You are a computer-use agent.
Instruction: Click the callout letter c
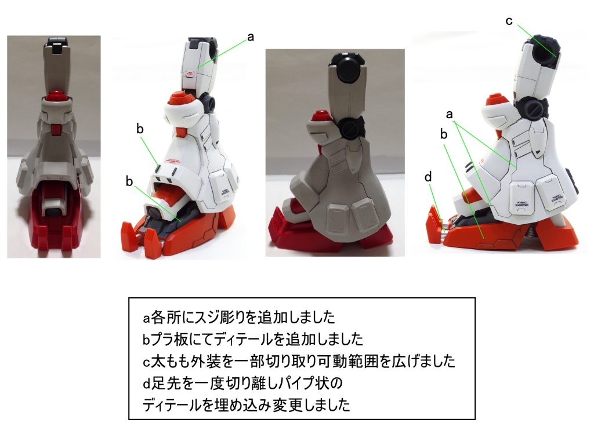pos(509,21)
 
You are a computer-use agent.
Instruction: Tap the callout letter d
pos(428,177)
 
